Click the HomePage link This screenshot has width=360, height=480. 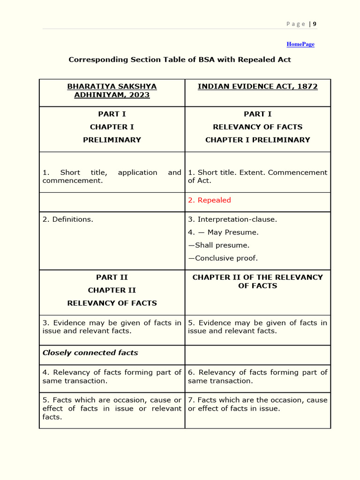tap(300, 44)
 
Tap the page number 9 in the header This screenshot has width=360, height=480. tap(315, 24)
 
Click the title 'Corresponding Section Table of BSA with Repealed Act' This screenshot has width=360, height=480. tap(180, 60)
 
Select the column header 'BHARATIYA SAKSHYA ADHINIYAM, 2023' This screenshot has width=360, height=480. tap(112, 90)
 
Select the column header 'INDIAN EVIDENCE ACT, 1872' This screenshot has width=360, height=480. tap(257, 87)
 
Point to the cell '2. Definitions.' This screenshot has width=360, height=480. tap(68, 219)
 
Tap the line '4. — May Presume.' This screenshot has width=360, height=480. tap(223, 232)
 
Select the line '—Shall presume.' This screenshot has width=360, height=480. tap(219, 245)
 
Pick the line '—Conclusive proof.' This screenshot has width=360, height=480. tap(223, 258)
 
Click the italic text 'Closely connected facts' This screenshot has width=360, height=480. tap(90, 352)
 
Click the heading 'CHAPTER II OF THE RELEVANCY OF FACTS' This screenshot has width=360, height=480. tap(257, 281)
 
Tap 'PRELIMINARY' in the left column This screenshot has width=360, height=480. tap(112, 140)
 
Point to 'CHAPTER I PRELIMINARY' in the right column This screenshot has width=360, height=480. tap(257, 140)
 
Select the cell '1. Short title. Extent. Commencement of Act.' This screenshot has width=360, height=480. tap(257, 176)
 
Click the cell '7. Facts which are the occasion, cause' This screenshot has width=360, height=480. tap(257, 404)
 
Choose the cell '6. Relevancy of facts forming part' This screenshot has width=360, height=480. tap(257, 376)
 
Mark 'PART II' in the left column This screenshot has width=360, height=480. tap(112, 277)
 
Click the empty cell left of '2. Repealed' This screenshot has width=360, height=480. tap(112, 202)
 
